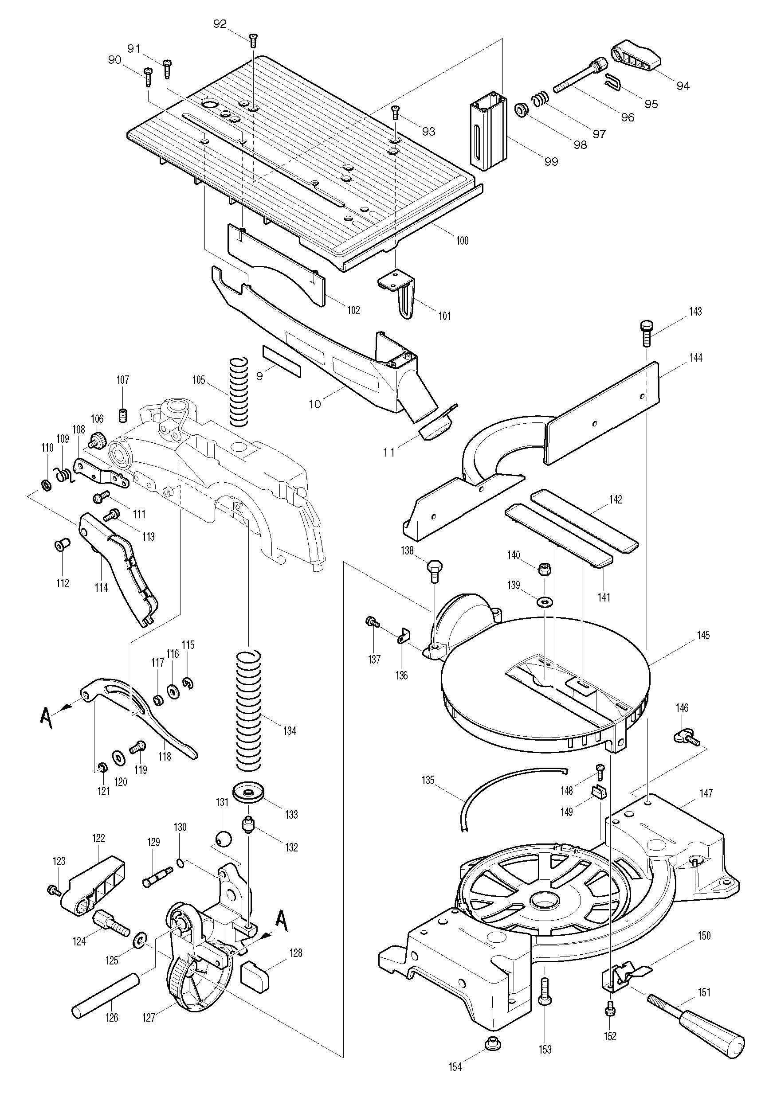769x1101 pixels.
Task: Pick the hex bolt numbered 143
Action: click(646, 334)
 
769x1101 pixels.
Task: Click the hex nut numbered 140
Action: click(545, 569)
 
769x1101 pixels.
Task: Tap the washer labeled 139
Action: click(545, 601)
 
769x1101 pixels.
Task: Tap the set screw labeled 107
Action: click(123, 414)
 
